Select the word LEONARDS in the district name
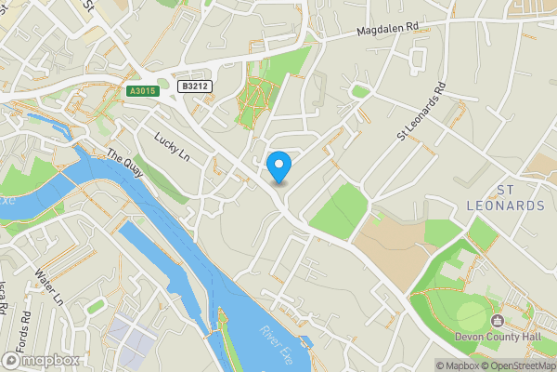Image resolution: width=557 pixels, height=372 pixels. pos(506,206)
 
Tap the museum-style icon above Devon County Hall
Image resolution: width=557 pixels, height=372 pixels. pos(510,320)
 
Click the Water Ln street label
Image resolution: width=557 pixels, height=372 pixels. pos(48,288)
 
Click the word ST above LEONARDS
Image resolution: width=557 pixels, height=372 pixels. pos(507,190)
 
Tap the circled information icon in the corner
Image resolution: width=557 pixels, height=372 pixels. pos(428,365)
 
